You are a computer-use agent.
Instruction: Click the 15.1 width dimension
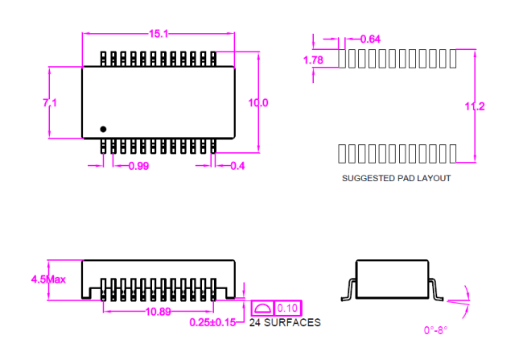pos(159,34)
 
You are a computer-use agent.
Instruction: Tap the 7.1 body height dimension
pos(50,102)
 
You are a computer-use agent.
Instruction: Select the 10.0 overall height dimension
pos(258,102)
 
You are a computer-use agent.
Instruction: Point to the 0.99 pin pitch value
pos(138,166)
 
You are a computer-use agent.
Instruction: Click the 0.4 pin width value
pos(237,166)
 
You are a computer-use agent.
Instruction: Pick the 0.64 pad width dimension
pos(370,39)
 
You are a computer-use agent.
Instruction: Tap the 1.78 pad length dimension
pos(313,60)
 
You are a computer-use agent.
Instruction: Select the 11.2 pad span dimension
pos(475,106)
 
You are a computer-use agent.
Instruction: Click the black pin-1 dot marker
pos(103,129)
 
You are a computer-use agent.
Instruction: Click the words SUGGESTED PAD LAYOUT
pos(396,178)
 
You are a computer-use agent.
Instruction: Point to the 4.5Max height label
pos(48,279)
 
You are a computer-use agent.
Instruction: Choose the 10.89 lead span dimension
pos(158,312)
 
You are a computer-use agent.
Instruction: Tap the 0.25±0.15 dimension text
pos(212,322)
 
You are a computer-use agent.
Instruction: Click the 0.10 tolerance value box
pos(287,308)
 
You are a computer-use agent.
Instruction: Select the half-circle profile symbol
pos(261,308)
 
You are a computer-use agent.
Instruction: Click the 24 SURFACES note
pos(285,323)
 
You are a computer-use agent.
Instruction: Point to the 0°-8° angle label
pos(435,330)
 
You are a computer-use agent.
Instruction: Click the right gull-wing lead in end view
pos(434,289)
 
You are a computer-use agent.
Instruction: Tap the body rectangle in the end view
pos(393,260)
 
